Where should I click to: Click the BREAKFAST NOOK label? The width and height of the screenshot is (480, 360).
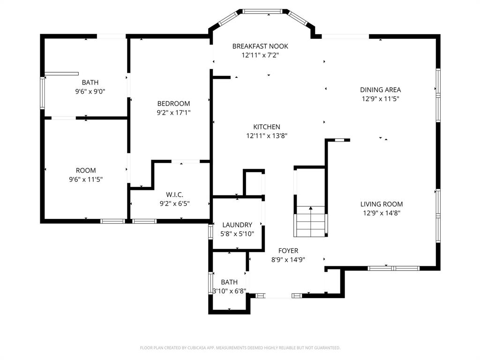tap(260, 46)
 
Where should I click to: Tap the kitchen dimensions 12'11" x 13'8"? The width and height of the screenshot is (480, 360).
tap(267, 136)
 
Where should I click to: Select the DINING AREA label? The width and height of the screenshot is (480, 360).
tap(380, 90)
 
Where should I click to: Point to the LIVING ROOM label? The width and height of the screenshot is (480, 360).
tap(382, 204)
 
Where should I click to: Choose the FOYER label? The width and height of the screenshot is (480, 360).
tap(288, 251)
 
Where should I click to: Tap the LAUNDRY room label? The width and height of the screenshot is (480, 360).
tap(237, 225)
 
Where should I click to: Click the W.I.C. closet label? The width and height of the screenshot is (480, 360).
tap(174, 195)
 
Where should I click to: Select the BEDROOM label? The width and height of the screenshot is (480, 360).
tap(173, 104)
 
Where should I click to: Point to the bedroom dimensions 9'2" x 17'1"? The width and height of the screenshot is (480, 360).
tap(173, 112)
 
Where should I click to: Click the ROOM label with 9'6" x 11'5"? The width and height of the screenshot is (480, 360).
tap(86, 171)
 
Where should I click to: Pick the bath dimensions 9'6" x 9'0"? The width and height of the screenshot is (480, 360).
tap(90, 92)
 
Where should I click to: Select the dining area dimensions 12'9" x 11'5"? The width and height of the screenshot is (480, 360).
tap(380, 99)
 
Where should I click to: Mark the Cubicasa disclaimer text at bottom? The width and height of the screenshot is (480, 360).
tap(240, 348)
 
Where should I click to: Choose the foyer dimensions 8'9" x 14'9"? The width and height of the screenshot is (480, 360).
tap(288, 259)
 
